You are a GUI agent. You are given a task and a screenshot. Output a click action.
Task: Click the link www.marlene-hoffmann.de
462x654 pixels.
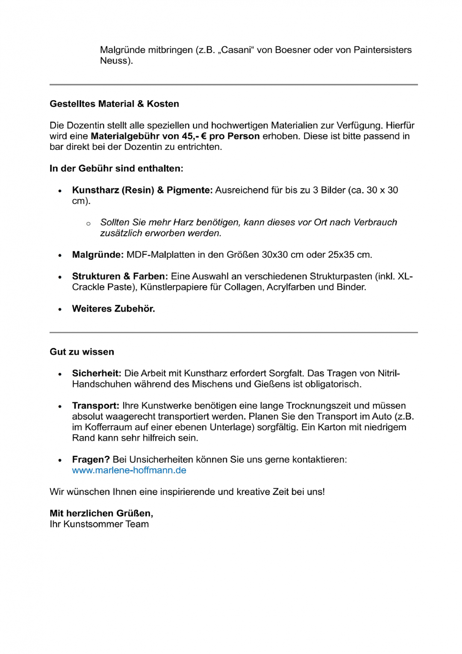pos(129,470)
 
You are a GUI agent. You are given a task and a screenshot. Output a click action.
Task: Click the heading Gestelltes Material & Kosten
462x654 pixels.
pos(114,104)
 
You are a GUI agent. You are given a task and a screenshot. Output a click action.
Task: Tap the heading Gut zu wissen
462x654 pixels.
pos(82,352)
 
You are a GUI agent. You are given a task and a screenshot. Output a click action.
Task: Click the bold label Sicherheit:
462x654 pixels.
pos(97,373)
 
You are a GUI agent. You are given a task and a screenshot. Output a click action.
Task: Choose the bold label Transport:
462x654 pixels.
pos(96,406)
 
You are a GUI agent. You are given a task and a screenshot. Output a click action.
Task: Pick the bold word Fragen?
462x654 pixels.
pos(91,459)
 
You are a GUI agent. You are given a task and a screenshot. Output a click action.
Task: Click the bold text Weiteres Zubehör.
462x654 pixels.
pos(114,309)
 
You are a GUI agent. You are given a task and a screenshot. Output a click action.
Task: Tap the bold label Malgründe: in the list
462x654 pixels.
pos(98,255)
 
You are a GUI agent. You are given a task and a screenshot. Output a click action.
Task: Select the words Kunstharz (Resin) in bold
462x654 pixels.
pos(113,190)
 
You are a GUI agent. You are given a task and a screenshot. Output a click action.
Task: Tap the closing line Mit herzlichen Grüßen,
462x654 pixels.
pos(101,513)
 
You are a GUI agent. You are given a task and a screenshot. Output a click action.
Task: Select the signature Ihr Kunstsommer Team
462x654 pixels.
pos(99,524)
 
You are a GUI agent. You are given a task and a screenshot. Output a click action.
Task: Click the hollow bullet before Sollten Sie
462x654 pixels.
pos(88,223)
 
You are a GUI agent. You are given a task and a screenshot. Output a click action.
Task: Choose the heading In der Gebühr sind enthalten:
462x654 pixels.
pos(116,168)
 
